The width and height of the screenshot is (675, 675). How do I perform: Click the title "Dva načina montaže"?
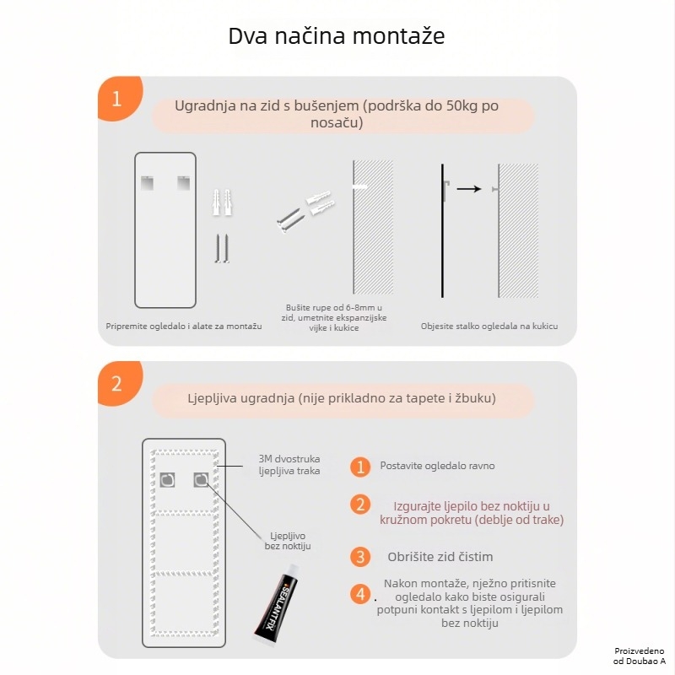point(337,37)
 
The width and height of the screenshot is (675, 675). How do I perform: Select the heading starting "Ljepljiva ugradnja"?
point(341,397)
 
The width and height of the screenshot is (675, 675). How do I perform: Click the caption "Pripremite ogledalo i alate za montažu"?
point(183,326)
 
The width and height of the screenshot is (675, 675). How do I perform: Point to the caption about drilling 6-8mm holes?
point(335,317)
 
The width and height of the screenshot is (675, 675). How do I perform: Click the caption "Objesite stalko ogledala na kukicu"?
point(489,326)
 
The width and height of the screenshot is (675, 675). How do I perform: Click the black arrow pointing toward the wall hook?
point(469,189)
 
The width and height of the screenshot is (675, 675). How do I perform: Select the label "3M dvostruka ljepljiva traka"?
point(289,465)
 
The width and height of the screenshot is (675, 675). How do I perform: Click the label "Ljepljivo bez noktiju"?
point(288,541)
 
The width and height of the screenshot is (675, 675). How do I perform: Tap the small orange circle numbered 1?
point(360,467)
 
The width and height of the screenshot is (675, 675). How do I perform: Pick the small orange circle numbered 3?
point(360,557)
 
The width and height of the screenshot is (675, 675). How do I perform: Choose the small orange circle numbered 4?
point(360,594)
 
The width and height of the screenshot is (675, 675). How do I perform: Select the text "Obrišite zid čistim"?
point(440,557)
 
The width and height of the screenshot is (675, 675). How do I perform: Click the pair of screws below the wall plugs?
point(222,249)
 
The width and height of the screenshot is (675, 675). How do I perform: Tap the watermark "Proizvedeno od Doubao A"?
point(640,656)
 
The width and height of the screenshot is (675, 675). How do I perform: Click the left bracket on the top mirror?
point(148,181)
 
